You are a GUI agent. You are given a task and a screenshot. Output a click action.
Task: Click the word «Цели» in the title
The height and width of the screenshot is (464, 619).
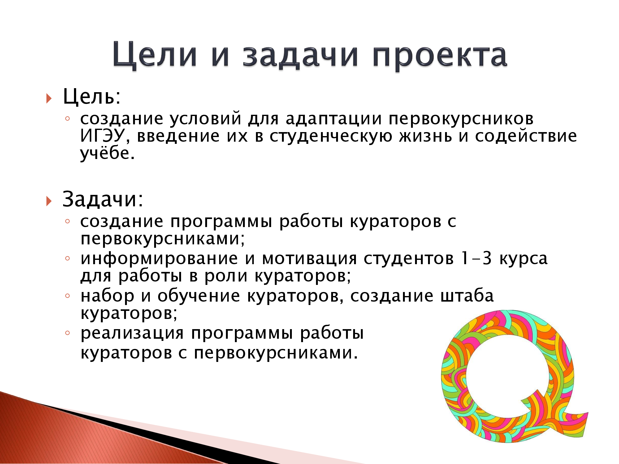pos(155,55)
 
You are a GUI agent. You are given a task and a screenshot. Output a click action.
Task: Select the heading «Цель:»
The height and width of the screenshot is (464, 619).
pos(92,97)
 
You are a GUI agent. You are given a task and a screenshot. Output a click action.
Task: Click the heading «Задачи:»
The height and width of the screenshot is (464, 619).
pos(103,199)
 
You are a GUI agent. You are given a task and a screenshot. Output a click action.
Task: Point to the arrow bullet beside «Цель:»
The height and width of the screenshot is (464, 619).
pos(49,98)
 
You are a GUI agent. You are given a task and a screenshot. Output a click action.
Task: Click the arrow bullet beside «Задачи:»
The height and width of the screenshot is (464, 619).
pos(49,201)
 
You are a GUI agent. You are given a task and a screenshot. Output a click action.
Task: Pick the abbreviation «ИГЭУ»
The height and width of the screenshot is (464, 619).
pos(102,136)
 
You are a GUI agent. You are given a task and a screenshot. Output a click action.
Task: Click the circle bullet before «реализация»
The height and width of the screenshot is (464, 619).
pos(67,333)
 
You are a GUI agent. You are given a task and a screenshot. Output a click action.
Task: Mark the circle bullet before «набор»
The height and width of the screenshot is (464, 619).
pos(67,296)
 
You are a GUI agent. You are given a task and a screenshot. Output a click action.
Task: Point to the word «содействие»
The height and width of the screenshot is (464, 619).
pos(526,136)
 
